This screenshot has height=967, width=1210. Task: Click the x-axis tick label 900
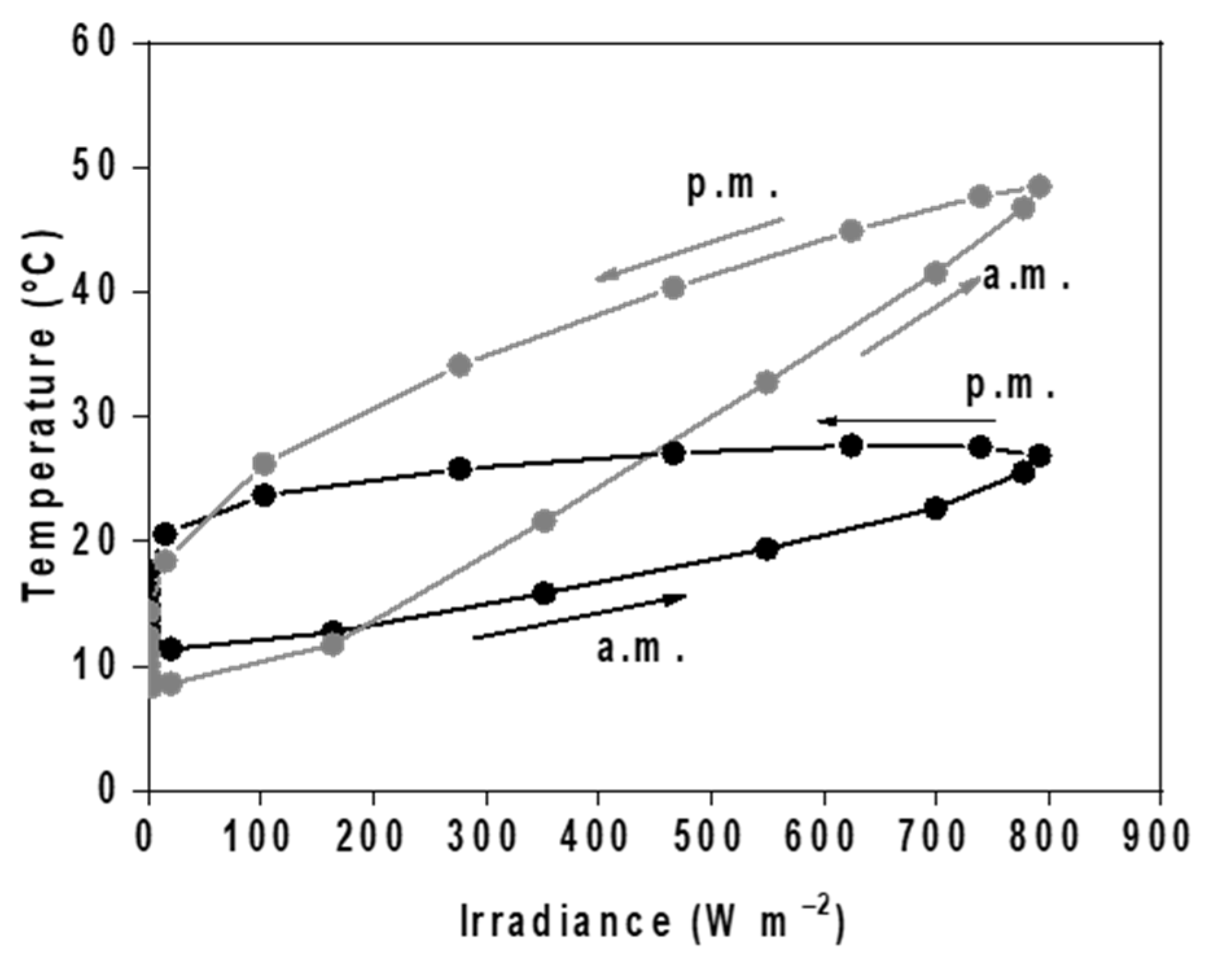(1160, 836)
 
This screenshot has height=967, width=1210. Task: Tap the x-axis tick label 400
(597, 836)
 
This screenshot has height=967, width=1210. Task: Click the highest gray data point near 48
(1039, 187)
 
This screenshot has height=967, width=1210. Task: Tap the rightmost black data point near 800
(1039, 455)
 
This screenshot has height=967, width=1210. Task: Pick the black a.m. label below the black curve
(640, 648)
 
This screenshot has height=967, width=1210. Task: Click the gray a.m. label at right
(1025, 277)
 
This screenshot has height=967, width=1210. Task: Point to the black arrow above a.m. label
(579, 616)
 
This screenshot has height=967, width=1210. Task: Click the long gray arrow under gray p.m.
(689, 249)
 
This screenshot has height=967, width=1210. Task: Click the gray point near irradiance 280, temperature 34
(459, 365)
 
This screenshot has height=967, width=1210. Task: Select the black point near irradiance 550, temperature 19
(767, 549)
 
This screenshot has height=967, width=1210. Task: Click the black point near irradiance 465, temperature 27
(674, 453)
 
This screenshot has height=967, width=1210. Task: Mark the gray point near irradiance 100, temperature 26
(264, 464)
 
